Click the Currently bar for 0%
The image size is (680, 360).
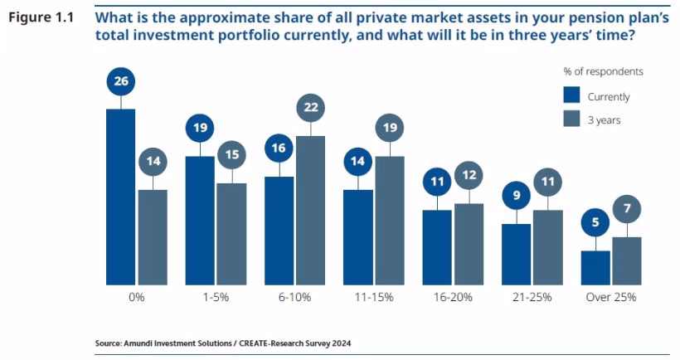pos(120,197)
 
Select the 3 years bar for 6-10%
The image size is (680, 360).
pos(311,210)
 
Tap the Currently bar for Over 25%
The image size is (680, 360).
pos(596,267)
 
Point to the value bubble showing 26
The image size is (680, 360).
pos(121,81)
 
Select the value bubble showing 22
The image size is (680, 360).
pos(311,108)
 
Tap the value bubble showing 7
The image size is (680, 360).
pos(627,209)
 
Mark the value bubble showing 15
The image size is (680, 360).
pos(232,155)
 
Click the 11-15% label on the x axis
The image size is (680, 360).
pos(374,297)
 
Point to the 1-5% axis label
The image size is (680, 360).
pos(216,297)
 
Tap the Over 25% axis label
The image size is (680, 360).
pos(611,297)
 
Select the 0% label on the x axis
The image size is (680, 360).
pos(136,297)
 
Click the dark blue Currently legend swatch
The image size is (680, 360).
pos(572,96)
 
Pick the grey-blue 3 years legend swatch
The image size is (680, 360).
pos(572,119)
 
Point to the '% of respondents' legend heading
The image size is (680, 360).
pos(603,71)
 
